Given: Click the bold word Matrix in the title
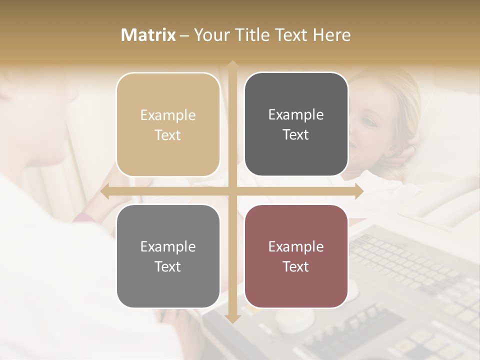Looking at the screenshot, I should [x=148, y=35].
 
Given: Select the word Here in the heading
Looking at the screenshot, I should [x=331, y=35].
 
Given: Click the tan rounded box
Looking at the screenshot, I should [x=168, y=124].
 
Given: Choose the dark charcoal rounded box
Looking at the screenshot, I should [x=296, y=124].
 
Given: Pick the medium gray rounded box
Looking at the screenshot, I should [x=168, y=256].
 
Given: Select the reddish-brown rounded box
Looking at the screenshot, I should [x=296, y=256].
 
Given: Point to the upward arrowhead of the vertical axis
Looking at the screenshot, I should [x=232, y=65].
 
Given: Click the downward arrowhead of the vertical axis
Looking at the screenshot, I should [x=232, y=318].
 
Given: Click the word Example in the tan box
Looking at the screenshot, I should [x=168, y=115].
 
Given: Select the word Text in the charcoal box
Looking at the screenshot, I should [x=296, y=135].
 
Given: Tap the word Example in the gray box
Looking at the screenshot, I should [x=168, y=246].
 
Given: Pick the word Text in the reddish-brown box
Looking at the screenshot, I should [x=296, y=266].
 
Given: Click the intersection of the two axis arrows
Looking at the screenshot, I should [x=232, y=191].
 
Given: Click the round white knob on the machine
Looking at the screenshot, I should [x=294, y=319].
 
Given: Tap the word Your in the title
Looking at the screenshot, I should [x=210, y=35].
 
